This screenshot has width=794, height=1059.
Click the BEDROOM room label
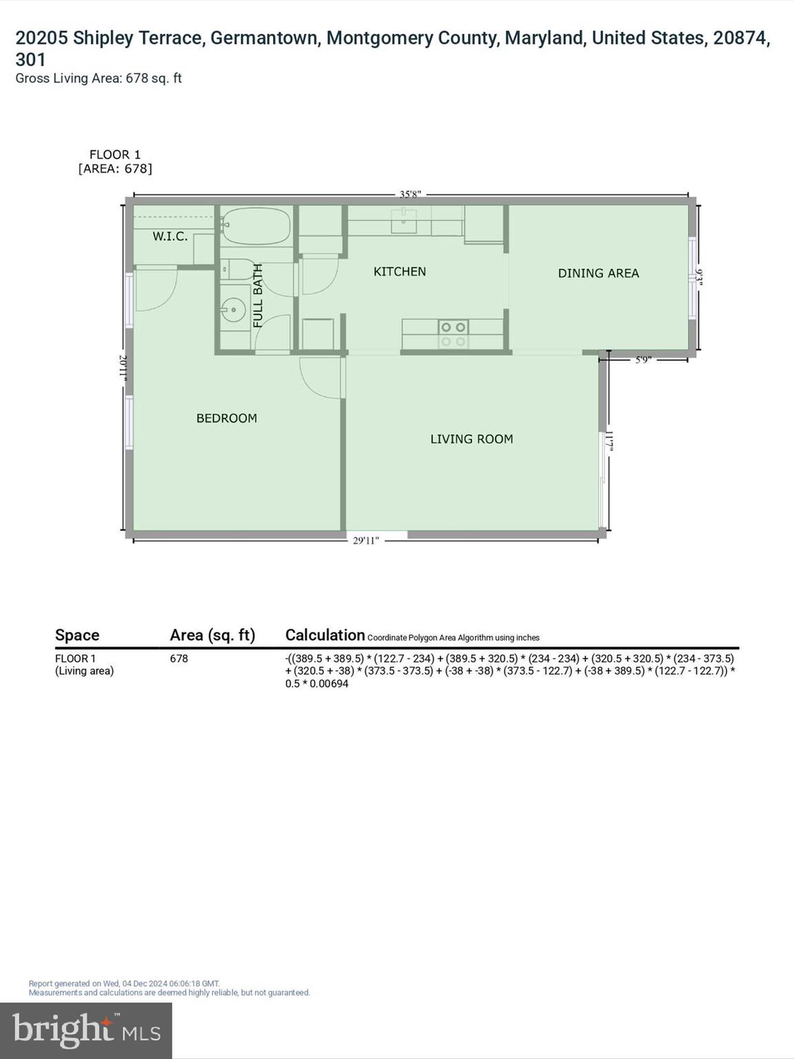pyautogui.click(x=226, y=418)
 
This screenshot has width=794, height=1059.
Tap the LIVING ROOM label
pyautogui.click(x=471, y=439)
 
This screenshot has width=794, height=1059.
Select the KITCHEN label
pyautogui.click(x=400, y=272)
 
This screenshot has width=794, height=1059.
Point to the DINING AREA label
pyautogui.click(x=598, y=274)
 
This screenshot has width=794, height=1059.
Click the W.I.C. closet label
pyautogui.click(x=170, y=236)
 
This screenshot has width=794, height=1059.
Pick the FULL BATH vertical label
pyautogui.click(x=258, y=295)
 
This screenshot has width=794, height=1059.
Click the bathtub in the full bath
pyautogui.click(x=256, y=225)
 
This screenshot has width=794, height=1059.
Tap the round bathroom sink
pyautogui.click(x=234, y=310)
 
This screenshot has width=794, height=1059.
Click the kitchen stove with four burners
pyautogui.click(x=453, y=334)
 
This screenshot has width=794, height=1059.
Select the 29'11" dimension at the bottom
pyautogui.click(x=365, y=541)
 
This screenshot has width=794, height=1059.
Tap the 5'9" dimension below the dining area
pyautogui.click(x=642, y=359)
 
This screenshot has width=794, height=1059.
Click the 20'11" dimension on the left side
pyautogui.click(x=123, y=366)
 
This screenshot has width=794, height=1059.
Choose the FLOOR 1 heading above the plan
pyautogui.click(x=115, y=154)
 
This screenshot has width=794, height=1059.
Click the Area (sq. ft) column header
pyautogui.click(x=212, y=635)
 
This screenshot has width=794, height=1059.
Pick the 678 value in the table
pyautogui.click(x=179, y=658)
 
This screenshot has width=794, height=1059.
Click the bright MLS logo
pyautogui.click(x=86, y=1030)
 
